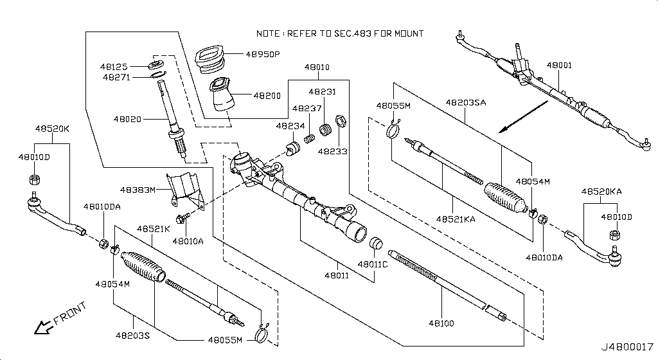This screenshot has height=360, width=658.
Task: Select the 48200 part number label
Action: pyautogui.click(x=267, y=95)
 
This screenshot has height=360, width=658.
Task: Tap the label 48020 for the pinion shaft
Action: pyautogui.click(x=127, y=119)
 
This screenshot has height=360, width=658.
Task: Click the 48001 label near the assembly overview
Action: pyautogui.click(x=559, y=66)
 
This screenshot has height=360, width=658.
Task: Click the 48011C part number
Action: pyautogui.click(x=373, y=264)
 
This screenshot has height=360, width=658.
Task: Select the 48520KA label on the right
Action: pyautogui.click(x=601, y=192)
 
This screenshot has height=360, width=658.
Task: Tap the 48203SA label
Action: pyautogui.click(x=466, y=102)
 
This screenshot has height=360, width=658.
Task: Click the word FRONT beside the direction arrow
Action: pyautogui.click(x=71, y=315)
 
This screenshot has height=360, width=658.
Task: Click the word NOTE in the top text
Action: pyautogui.click(x=269, y=33)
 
